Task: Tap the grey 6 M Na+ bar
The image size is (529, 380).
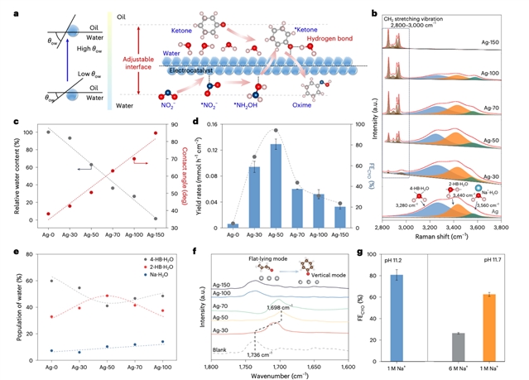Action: (x=457, y=337)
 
